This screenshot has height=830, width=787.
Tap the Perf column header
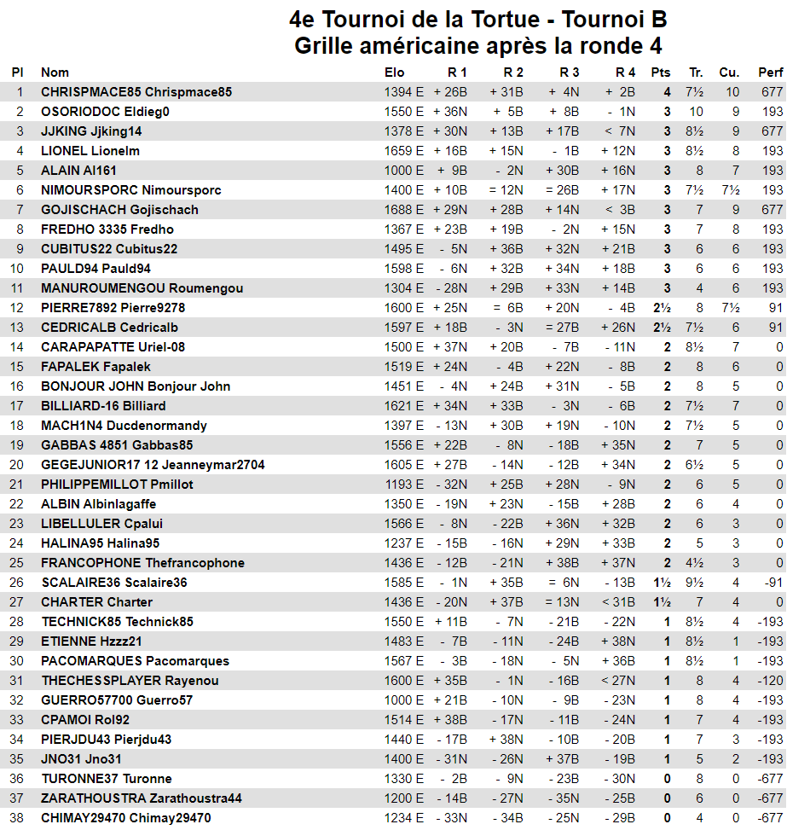(x=770, y=73)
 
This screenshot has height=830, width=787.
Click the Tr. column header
(x=696, y=73)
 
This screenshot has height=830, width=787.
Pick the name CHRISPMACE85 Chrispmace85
(x=136, y=92)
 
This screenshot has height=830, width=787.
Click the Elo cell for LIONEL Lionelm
(x=403, y=151)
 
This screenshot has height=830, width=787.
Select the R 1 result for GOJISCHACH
(x=450, y=210)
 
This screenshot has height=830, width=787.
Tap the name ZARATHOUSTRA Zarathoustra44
(x=142, y=798)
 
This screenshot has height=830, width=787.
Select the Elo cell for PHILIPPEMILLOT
(x=403, y=485)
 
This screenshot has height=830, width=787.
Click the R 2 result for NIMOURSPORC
(x=506, y=190)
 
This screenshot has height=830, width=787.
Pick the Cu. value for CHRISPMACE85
(x=732, y=92)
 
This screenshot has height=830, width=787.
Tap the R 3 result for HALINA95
(x=563, y=543)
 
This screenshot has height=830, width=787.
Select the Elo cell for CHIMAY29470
(x=403, y=818)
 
